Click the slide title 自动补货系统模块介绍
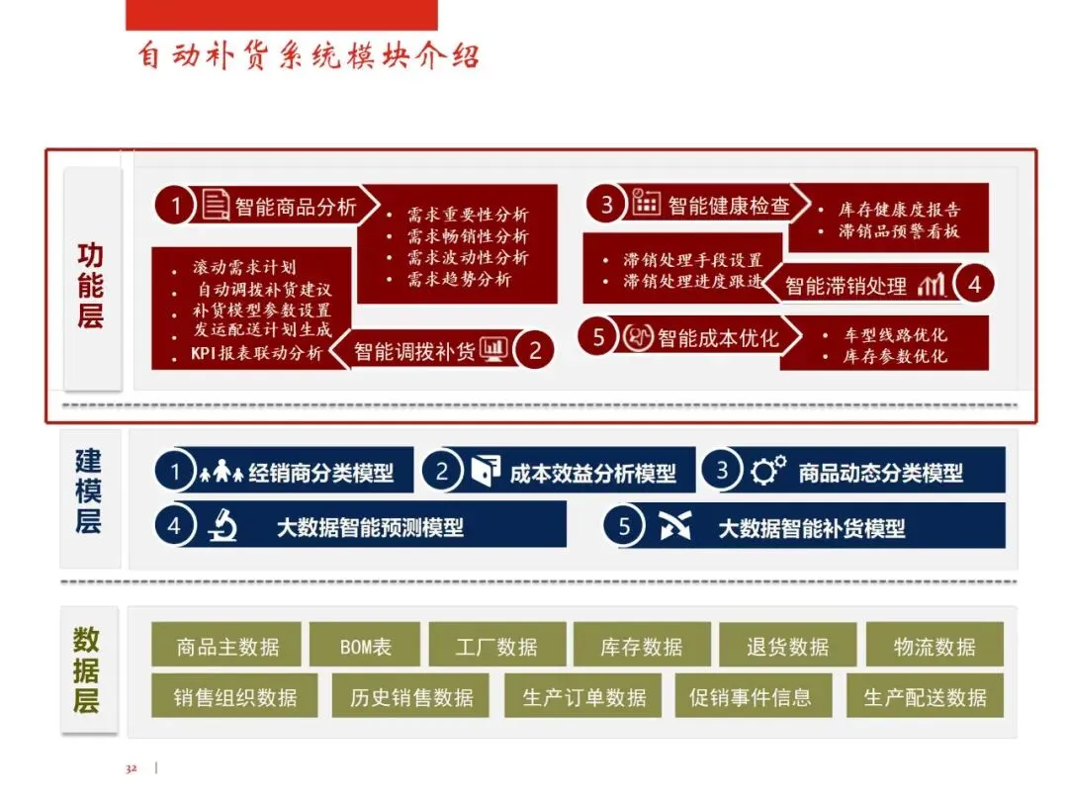point(309,55)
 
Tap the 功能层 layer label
point(90,286)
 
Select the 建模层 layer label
point(89,490)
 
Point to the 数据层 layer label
point(87,670)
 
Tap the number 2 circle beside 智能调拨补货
point(535,350)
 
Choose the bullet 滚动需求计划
point(244,267)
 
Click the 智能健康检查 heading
point(729,205)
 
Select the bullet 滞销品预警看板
point(899,231)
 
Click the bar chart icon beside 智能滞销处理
point(932,286)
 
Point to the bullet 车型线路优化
point(895,334)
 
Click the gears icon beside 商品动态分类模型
point(768,472)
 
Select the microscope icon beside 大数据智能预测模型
point(222,527)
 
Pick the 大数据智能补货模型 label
point(811,528)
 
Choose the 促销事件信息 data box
point(750,697)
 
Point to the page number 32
point(131,768)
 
